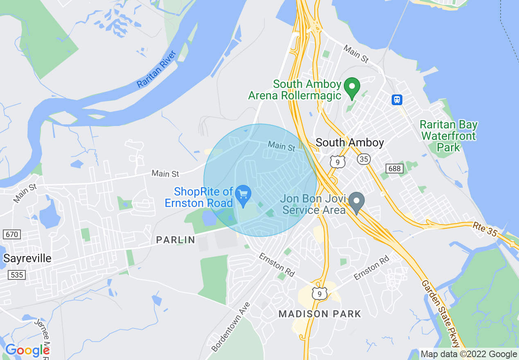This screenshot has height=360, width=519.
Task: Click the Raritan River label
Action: click(156, 69)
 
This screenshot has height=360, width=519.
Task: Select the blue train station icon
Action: click(397, 99)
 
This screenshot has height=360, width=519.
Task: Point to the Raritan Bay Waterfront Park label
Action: click(449, 136)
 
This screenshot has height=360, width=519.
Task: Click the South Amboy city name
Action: click(350, 142)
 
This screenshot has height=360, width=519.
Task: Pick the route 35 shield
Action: click(363, 159)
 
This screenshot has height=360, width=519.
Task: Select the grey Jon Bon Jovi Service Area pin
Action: click(357, 202)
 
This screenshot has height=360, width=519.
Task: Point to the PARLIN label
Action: click(176, 240)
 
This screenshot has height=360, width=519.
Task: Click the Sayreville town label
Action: click(27, 258)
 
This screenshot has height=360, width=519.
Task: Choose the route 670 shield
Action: click(11, 234)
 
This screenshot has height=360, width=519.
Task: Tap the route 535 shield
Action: click(17, 274)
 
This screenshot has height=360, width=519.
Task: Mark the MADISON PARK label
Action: click(320, 314)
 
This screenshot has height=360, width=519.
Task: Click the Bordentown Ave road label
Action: click(231, 327)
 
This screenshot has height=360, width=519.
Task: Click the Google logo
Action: click(27, 350)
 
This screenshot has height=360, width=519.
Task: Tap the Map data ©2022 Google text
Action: click(469, 354)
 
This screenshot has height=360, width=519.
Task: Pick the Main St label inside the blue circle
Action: click(281, 146)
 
